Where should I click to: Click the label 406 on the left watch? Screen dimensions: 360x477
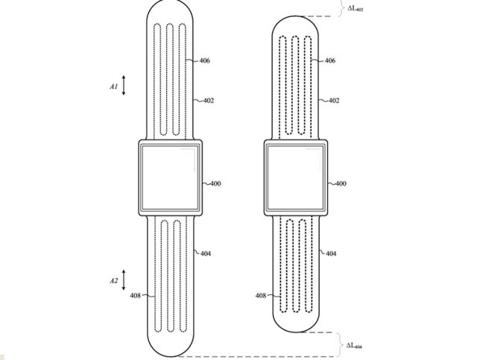204,60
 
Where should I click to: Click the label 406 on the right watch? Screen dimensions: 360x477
329,60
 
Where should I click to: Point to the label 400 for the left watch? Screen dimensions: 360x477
215,183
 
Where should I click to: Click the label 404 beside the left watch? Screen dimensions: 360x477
205,253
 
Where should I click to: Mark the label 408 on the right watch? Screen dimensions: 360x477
261,296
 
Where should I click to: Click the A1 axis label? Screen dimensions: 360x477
113,86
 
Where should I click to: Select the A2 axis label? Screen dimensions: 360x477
113,281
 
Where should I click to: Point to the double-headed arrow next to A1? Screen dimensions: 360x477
124,86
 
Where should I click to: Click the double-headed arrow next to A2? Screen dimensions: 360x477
124,281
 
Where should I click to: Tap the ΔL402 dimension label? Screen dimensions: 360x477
355,9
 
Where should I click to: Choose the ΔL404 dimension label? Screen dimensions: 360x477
355,346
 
